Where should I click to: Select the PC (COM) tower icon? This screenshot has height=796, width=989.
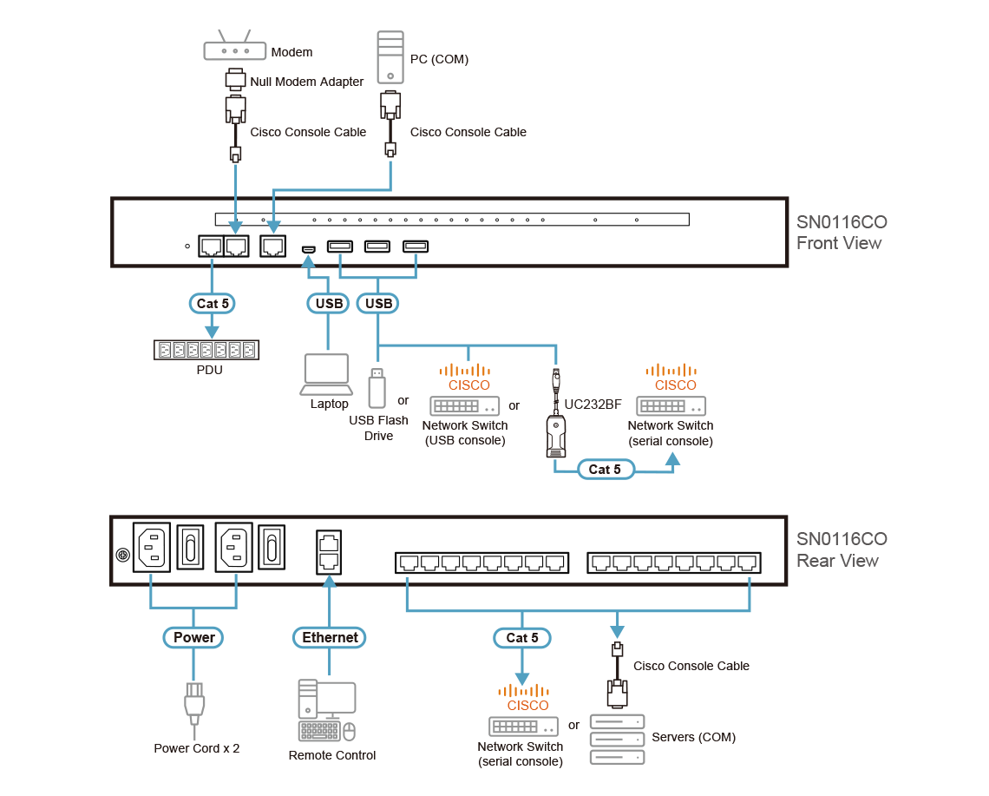tap(391, 56)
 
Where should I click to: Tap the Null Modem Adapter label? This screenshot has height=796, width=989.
tap(306, 82)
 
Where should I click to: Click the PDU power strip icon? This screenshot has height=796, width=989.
tap(206, 350)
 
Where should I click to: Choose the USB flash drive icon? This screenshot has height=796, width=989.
tap(377, 388)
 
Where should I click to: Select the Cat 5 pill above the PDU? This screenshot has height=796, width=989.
tap(212, 304)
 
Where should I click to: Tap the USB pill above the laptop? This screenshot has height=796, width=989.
tap(328, 304)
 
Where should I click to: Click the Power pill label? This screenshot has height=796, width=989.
tap(193, 637)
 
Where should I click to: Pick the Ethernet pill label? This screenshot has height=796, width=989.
tap(330, 637)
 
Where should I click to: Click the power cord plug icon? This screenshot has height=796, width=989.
tap(193, 701)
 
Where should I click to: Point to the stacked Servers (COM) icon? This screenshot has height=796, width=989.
tap(617, 739)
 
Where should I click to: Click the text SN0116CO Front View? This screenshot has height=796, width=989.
tap(840, 233)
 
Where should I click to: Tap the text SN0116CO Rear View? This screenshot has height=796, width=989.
tap(840, 550)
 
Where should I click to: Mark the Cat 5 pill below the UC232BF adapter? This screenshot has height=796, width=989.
tap(605, 470)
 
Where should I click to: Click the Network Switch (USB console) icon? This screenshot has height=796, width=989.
tap(466, 405)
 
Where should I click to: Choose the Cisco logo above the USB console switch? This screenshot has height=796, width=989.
tap(468, 377)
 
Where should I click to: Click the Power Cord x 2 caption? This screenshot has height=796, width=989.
tap(196, 748)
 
